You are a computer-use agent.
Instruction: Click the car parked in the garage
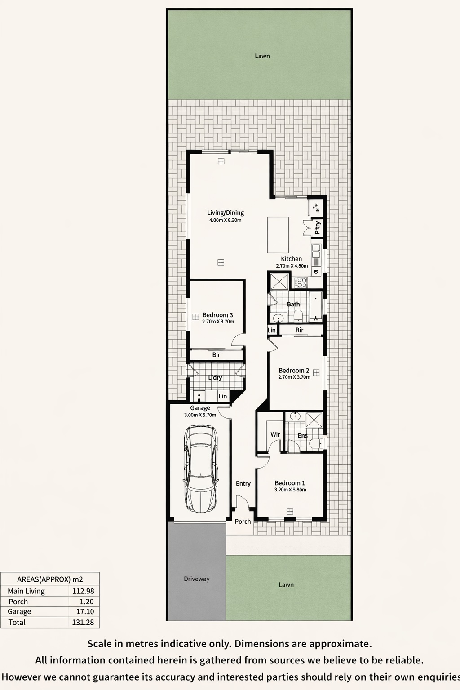[x=201, y=469]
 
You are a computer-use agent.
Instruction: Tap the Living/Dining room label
[x=225, y=212]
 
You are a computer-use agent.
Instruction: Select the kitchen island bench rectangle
[x=278, y=235]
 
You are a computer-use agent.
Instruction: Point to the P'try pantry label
[x=317, y=228]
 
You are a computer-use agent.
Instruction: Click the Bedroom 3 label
[x=217, y=315]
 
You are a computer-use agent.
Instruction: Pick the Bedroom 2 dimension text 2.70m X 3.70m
[x=294, y=377]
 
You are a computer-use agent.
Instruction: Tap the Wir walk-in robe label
[x=275, y=435]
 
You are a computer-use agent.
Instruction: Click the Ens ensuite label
[x=303, y=436]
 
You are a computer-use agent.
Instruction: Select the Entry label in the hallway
[x=243, y=484]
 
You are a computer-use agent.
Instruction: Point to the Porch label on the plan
[x=243, y=522]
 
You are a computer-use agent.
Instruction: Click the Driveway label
[x=197, y=579]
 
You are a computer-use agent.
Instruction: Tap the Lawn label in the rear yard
[x=262, y=56]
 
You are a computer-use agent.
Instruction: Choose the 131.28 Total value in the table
[x=83, y=622]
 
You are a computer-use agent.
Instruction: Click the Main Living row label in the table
[x=26, y=591]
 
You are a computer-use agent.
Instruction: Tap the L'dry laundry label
[x=215, y=378]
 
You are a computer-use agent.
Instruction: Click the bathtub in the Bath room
[x=316, y=305]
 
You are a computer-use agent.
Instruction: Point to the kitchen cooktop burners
[x=301, y=283]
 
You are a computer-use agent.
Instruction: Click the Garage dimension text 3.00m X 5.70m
[x=200, y=415]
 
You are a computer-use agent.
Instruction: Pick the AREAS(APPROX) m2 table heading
[x=50, y=579]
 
